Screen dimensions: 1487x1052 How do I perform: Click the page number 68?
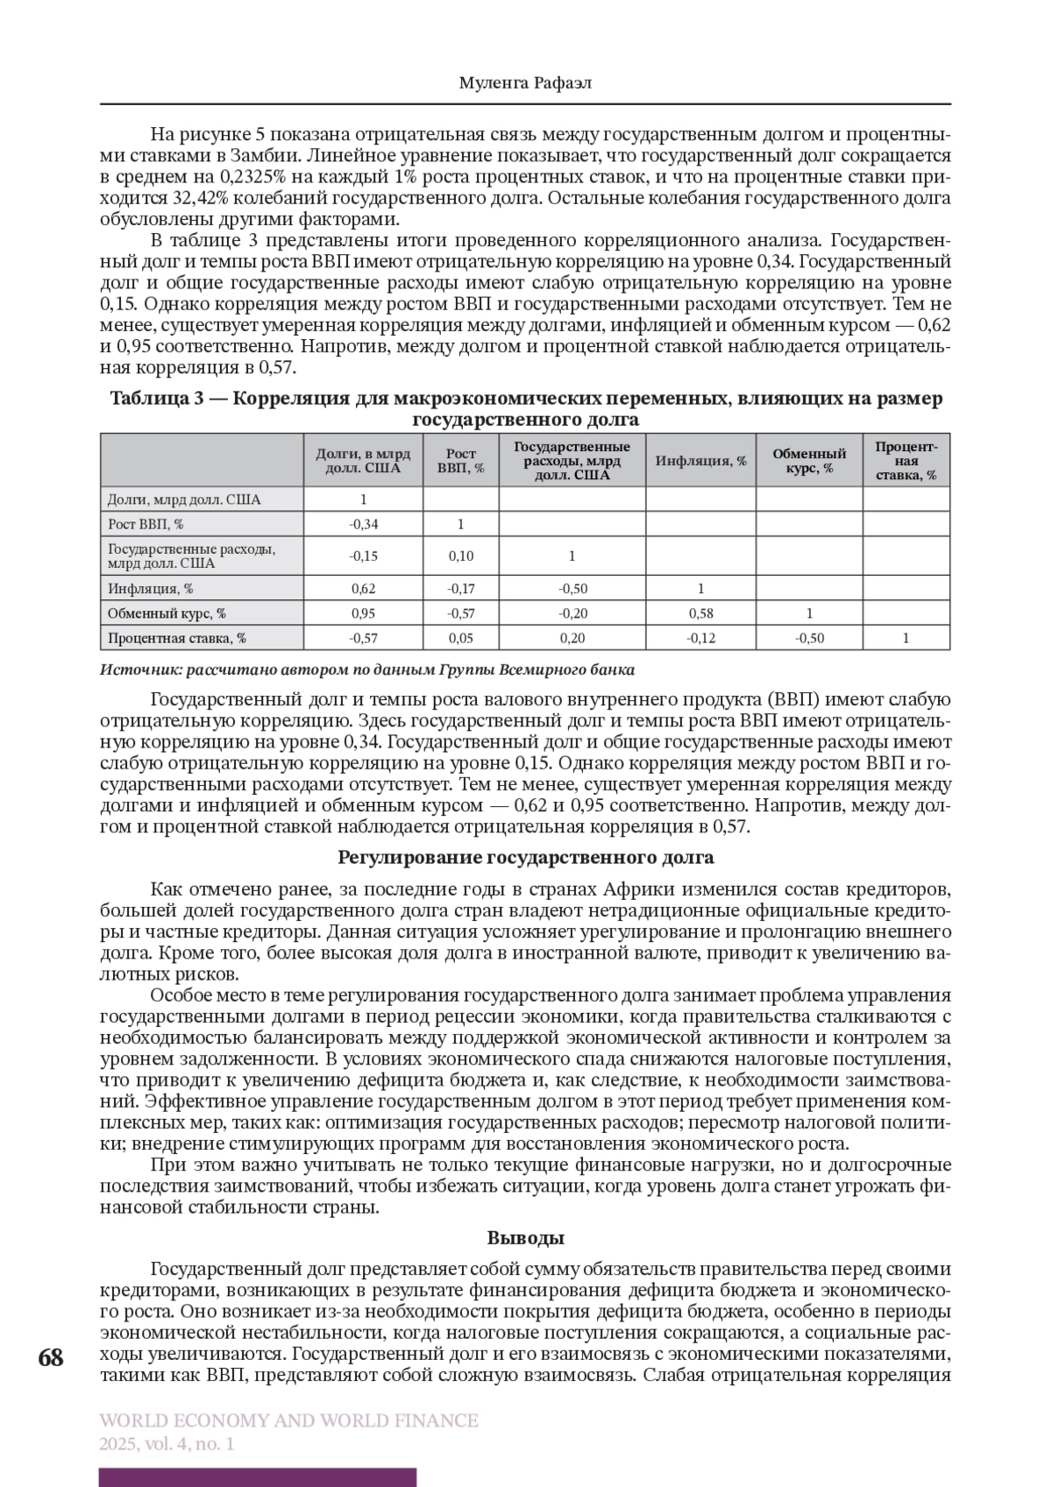pyautogui.click(x=51, y=1359)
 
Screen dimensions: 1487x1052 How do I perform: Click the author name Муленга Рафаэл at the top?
pyautogui.click(x=525, y=82)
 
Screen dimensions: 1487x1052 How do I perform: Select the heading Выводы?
pyautogui.click(x=525, y=1238)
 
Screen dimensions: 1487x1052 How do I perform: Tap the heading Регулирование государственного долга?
pyautogui.click(x=525, y=857)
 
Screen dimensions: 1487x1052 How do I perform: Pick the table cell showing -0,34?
pyautogui.click(x=363, y=524)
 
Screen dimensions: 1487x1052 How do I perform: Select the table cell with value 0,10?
pyautogui.click(x=460, y=556)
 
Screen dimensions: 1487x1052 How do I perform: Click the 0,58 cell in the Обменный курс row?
pyautogui.click(x=700, y=613)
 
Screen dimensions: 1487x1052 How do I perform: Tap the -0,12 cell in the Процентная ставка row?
pyautogui.click(x=700, y=638)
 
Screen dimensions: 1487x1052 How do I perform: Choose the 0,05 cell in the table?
pyautogui.click(x=460, y=638)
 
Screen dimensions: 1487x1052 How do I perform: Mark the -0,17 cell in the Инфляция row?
pyautogui.click(x=460, y=589)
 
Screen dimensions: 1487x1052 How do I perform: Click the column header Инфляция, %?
pyautogui.click(x=700, y=460)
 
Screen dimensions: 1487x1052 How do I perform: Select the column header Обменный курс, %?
pyautogui.click(x=808, y=460)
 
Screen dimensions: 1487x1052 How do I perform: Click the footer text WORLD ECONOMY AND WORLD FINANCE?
pyautogui.click(x=289, y=1420)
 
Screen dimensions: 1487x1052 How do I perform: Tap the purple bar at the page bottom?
pyautogui.click(x=258, y=1477)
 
